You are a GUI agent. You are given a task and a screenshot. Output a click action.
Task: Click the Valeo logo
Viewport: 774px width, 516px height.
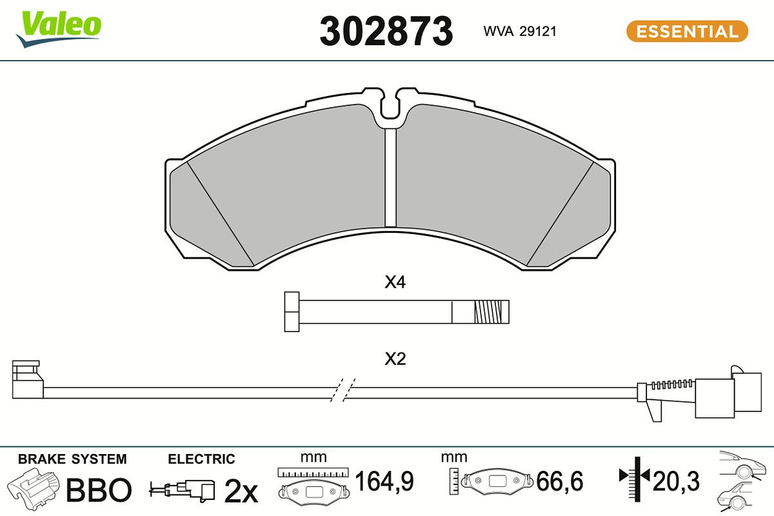point(59,29)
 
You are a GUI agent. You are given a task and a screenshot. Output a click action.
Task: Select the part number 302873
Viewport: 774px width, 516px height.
point(386,32)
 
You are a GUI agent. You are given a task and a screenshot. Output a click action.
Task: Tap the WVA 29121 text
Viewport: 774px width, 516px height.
point(520,32)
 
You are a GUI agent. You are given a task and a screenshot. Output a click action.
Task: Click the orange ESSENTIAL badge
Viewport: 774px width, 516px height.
point(688,32)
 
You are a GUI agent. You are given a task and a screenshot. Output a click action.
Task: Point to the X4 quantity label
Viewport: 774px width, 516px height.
point(395,282)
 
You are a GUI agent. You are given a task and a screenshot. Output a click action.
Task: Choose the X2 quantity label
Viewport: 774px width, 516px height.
point(395,359)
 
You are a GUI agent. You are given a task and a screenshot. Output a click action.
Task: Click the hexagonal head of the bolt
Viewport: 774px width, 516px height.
point(292,312)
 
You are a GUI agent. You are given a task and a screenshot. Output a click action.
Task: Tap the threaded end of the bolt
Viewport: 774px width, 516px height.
point(491,312)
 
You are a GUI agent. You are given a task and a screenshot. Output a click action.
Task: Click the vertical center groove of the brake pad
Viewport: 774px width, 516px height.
point(391,177)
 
